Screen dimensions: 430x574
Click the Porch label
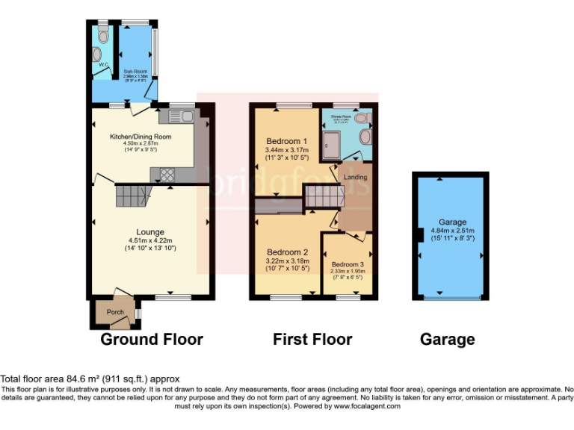[115, 312]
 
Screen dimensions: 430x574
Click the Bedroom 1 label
[287, 141]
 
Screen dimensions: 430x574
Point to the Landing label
[357, 176]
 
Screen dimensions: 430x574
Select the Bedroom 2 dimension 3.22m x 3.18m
[287, 261]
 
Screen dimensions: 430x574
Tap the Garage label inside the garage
[452, 222]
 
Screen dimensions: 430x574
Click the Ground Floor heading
[152, 340]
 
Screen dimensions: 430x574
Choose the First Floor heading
[312, 340]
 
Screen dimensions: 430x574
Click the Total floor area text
[90, 379]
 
